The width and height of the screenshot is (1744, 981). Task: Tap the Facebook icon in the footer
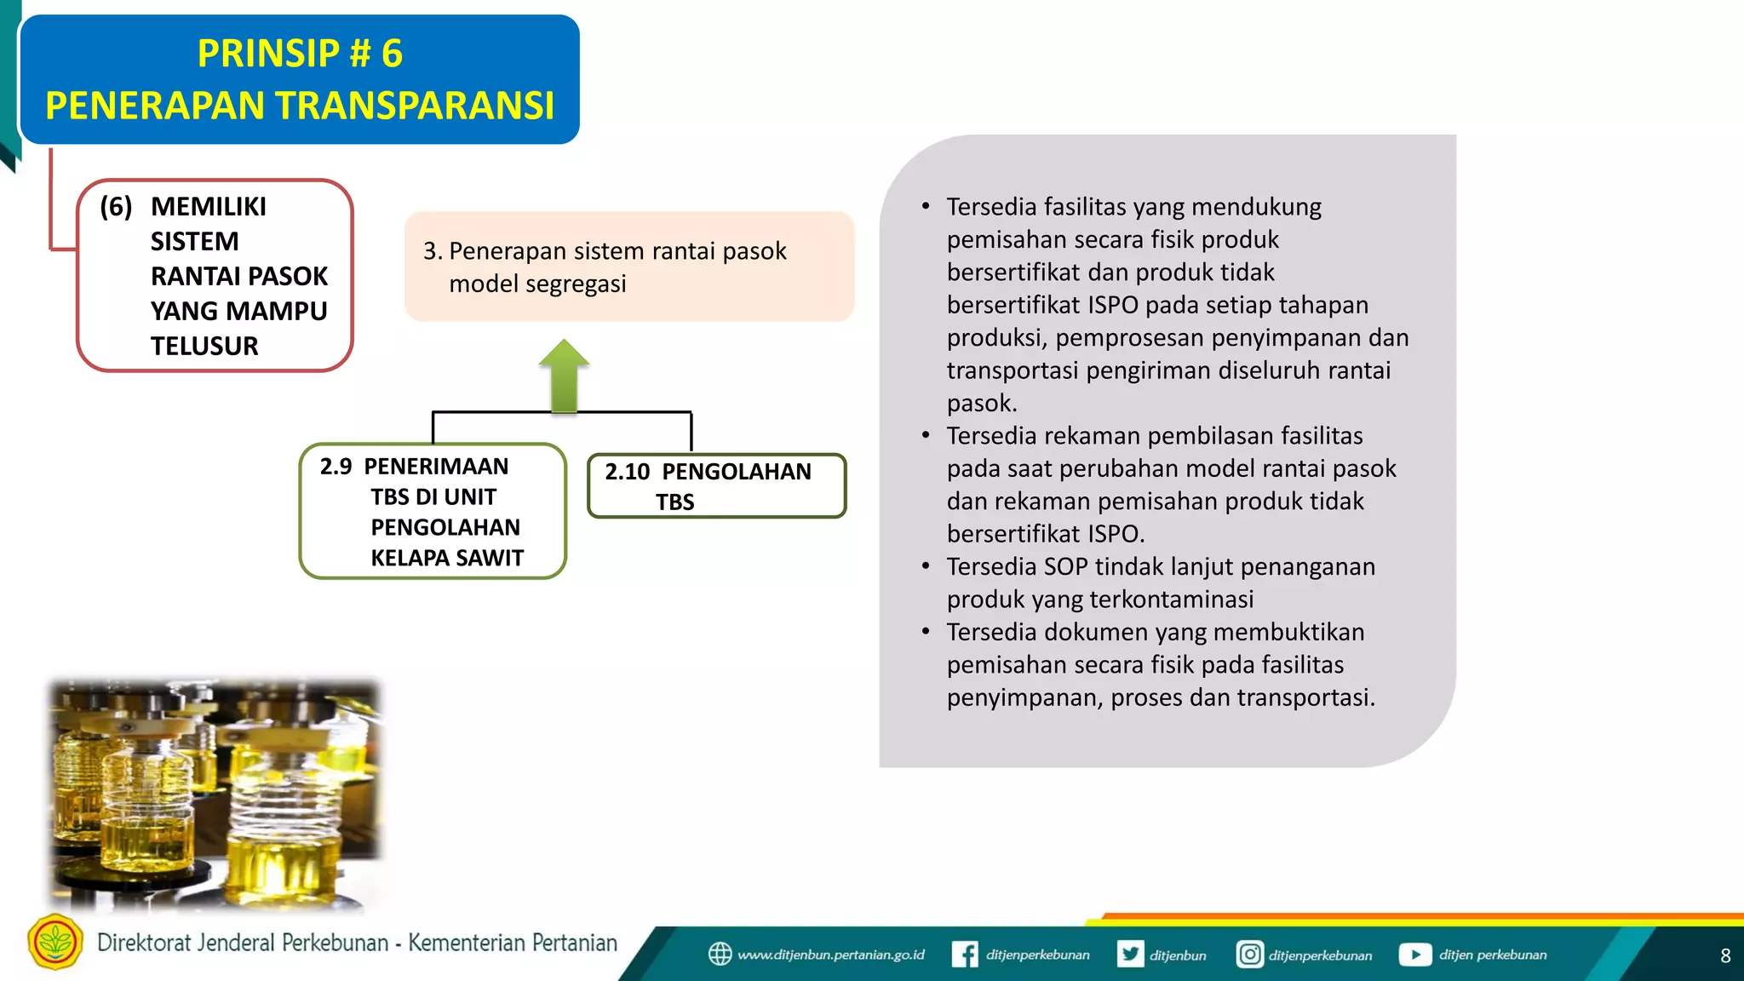pyautogui.click(x=964, y=954)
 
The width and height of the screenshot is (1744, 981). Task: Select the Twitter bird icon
pyautogui.click(x=1131, y=954)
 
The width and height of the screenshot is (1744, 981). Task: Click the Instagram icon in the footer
pyautogui.click(x=1249, y=954)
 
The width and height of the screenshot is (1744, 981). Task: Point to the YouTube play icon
pyautogui.click(x=1414, y=954)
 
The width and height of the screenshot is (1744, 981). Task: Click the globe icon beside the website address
pyautogui.click(x=720, y=954)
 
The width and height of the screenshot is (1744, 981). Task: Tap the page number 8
pyautogui.click(x=1725, y=955)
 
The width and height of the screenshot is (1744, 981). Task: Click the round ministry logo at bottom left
pyautogui.click(x=55, y=942)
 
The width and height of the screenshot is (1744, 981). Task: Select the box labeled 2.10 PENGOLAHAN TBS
pyautogui.click(x=716, y=485)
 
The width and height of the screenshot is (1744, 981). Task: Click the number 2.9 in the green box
pyautogui.click(x=336, y=467)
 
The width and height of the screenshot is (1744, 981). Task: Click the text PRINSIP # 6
pyautogui.click(x=300, y=54)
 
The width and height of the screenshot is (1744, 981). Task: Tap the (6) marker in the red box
pyautogui.click(x=116, y=206)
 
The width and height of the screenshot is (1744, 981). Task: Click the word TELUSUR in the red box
pyautogui.click(x=204, y=346)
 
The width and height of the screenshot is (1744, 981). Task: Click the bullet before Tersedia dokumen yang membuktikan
pyautogui.click(x=926, y=632)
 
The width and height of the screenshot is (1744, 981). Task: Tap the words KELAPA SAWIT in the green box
pyautogui.click(x=447, y=558)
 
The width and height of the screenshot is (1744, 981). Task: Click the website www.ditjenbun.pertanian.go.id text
pyautogui.click(x=830, y=955)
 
